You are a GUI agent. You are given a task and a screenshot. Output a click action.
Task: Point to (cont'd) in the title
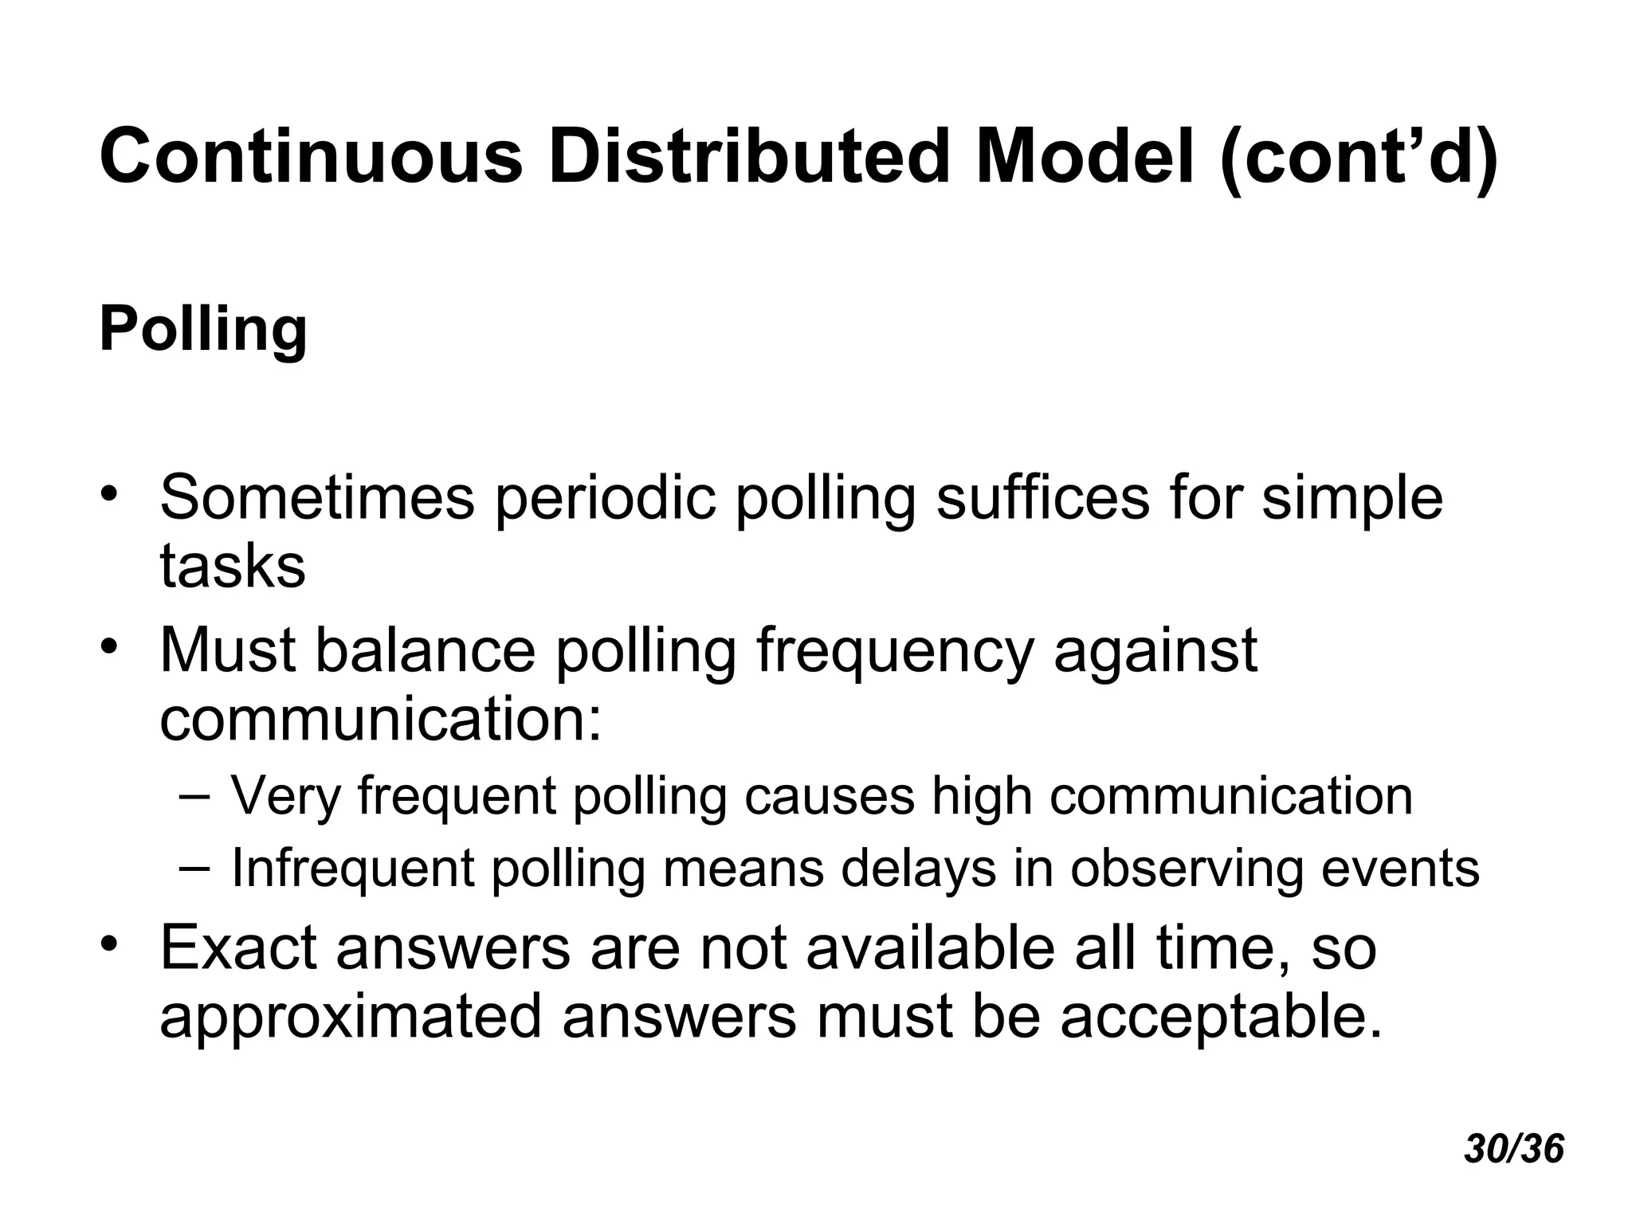pos(1359,157)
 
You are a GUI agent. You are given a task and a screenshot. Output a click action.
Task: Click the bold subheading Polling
pos(203,330)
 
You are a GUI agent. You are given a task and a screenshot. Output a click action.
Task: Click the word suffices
pos(1043,498)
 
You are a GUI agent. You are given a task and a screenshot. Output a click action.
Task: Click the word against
pos(1155,652)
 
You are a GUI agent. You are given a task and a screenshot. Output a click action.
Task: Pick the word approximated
pos(351,1016)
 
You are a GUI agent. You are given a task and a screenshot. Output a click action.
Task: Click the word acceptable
pos(1219,1016)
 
